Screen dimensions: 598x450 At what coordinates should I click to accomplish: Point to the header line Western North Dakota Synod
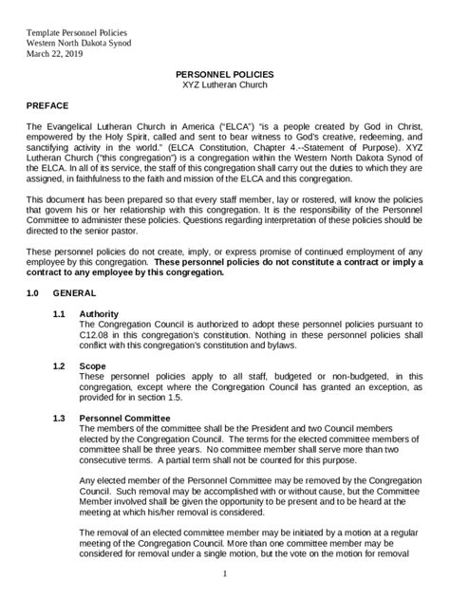pos(79,42)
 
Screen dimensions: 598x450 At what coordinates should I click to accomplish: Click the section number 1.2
pos(60,365)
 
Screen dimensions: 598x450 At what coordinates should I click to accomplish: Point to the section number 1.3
pos(60,418)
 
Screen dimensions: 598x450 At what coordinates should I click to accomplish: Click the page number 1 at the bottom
pos(225,574)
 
